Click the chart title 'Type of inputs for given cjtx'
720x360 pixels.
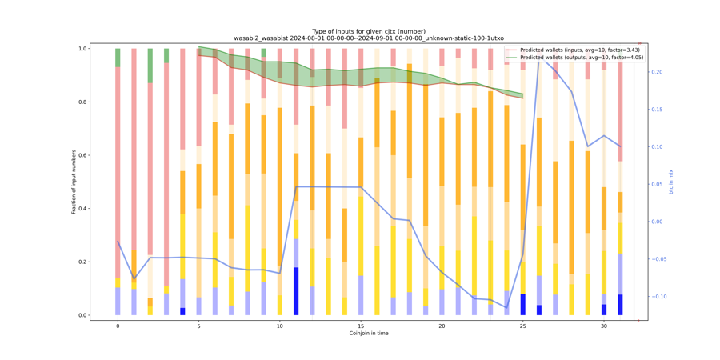(x=368, y=31)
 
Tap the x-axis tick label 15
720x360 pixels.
(x=361, y=326)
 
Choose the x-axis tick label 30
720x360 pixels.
(x=604, y=326)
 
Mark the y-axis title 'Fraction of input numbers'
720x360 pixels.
(x=74, y=182)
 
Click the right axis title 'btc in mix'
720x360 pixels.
(x=671, y=182)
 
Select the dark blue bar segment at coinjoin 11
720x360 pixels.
(x=296, y=291)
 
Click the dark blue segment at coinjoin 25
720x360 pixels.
(x=523, y=304)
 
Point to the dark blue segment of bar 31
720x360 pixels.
(x=620, y=305)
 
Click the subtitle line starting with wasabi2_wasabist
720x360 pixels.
(x=368, y=38)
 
